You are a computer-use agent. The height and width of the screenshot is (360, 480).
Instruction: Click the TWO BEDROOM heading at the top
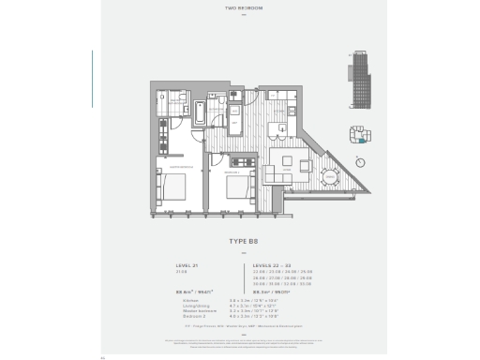(240, 8)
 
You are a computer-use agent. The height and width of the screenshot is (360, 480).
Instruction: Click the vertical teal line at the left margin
(92, 70)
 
